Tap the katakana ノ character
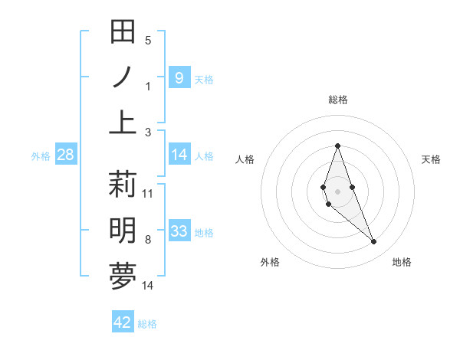123,77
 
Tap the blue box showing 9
179,77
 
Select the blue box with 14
179,155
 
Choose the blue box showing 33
179,231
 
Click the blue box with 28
65,155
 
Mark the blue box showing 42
123,322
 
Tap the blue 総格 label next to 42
147,324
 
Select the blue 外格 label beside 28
41,156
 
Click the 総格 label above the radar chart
337,100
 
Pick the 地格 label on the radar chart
402,262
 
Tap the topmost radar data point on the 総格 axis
337,146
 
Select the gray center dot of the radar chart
337,191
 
